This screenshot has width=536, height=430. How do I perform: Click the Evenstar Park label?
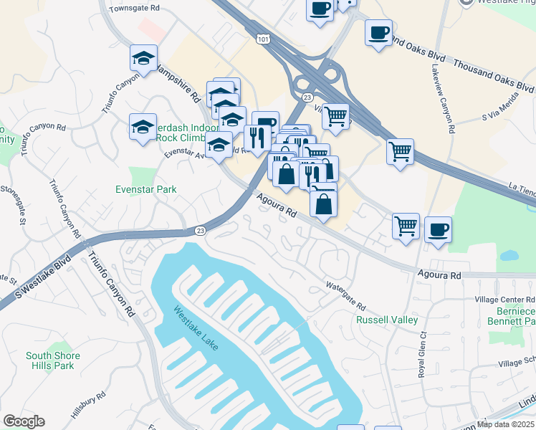(x=146, y=189)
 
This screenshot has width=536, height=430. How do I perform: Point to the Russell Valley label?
(x=387, y=320)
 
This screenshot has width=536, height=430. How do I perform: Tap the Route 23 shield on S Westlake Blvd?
(x=201, y=230)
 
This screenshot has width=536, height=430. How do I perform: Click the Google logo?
(x=24, y=421)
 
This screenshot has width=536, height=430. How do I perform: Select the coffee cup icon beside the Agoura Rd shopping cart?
(x=438, y=231)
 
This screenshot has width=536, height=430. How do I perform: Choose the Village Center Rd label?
(x=504, y=299)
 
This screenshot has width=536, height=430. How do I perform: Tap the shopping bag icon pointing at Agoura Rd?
(x=324, y=203)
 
